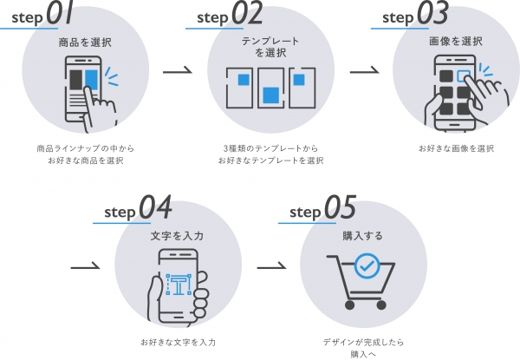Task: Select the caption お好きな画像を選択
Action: (x=456, y=148)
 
